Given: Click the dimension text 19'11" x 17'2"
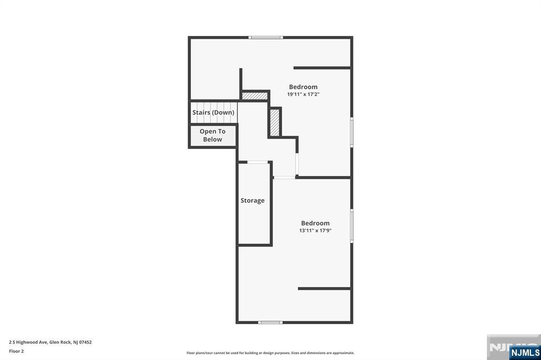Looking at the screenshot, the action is coord(303,94).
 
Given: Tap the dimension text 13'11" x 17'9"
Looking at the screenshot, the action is coord(315,230).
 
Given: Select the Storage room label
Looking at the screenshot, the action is coord(253,201).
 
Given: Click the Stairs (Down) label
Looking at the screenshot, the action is coord(213,112).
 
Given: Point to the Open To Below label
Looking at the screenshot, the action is coord(212,135).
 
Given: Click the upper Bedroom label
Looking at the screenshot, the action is coord(303,87).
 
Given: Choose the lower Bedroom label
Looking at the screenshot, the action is coord(315,223).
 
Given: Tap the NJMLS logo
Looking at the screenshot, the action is coord(525,353).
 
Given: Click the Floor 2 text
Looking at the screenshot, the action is coord(16,352).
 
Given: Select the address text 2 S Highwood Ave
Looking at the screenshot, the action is coord(28,343).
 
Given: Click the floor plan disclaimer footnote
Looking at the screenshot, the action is coord(270,353).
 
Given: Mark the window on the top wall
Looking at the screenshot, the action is coord(266,37).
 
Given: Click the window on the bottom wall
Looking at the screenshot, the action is coord(270,323).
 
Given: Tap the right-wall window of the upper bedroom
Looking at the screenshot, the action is coord(351,132).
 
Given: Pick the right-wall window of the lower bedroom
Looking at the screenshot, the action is coord(351,225).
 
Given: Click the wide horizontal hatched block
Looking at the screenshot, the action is coord(255,96).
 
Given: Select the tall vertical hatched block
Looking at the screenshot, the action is coord(275,122).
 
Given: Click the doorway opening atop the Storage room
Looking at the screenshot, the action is coord(258,162).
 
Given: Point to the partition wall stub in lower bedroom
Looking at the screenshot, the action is coord(324,288).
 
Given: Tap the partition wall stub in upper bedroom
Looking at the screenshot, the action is coord(322,68).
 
